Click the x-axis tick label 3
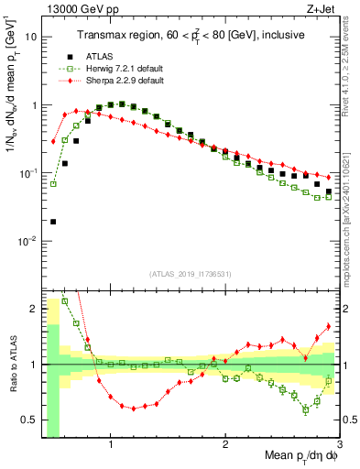click(339, 448)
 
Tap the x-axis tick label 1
click(111, 448)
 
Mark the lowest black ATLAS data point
click(53, 222)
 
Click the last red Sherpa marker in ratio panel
click(328, 327)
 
